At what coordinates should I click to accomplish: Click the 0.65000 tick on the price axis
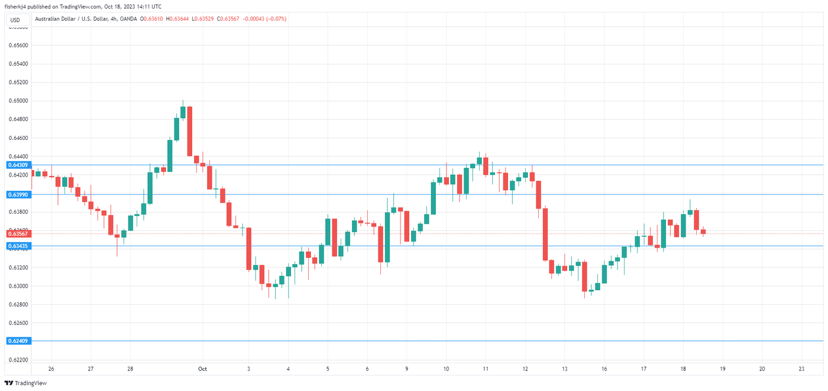[17, 101]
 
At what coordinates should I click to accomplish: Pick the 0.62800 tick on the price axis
[17, 305]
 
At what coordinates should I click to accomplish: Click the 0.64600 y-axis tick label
[17, 138]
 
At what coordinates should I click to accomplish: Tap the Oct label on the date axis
[202, 369]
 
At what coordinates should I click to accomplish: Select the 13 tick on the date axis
[565, 369]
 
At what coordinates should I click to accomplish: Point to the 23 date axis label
[801, 369]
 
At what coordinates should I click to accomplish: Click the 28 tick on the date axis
[130, 369]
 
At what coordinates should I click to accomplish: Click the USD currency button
[15, 20]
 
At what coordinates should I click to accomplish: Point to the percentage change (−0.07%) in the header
[276, 19]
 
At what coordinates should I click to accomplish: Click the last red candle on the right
[703, 232]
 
